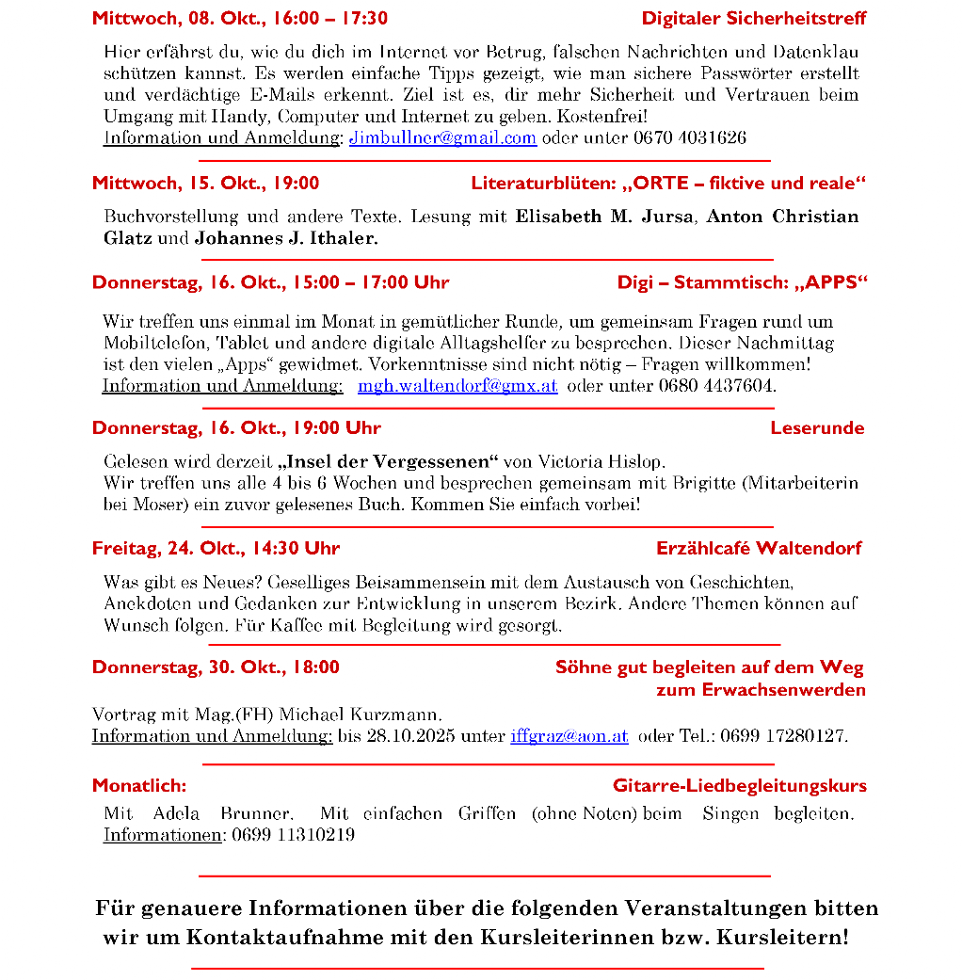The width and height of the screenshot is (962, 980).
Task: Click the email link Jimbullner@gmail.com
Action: click(x=442, y=137)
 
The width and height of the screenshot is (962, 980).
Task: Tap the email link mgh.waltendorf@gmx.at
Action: click(x=457, y=386)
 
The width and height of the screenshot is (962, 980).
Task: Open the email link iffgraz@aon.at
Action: click(x=569, y=736)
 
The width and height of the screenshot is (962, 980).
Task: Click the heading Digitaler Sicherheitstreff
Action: click(x=753, y=18)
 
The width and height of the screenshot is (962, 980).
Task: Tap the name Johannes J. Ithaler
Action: click(x=286, y=238)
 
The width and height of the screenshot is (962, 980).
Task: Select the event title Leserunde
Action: click(x=816, y=428)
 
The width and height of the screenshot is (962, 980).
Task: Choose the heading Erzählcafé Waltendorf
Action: click(x=758, y=548)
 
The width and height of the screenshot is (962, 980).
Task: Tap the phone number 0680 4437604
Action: click(x=716, y=386)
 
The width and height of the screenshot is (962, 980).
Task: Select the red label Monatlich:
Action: click(x=139, y=785)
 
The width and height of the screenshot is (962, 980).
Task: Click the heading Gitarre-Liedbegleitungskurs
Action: click(x=739, y=785)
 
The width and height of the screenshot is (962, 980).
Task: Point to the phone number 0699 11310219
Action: click(x=293, y=835)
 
